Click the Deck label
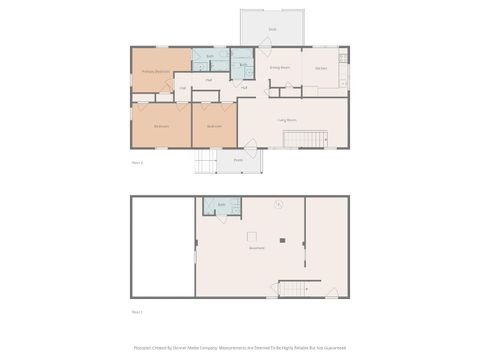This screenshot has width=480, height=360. coord(272,30)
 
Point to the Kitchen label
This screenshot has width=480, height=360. coord(321,68)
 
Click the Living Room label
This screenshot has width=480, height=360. coord(286,120)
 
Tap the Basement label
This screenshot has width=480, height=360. coord(256,248)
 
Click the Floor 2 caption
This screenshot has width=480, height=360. coord(138,161)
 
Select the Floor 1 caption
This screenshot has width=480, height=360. coord(137,312)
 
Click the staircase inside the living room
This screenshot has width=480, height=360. coord(305,139)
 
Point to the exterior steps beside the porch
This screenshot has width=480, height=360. coord(205,161)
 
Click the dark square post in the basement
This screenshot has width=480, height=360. coord(283,240)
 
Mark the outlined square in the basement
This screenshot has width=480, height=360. coord(251,237)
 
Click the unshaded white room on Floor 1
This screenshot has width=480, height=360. coord(163,246)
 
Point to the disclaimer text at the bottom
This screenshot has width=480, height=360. coord(239,348)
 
